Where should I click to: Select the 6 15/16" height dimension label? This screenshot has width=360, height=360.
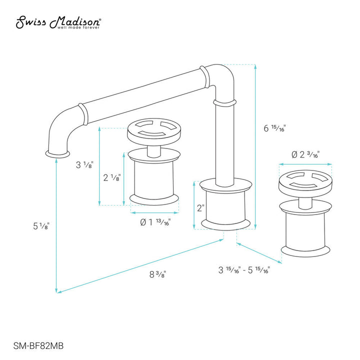(274, 127)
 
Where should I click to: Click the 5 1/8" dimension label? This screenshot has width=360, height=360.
(40, 226)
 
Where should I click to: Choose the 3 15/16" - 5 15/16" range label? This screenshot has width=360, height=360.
(244, 270)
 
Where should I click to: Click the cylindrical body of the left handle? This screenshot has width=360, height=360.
(153, 177)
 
